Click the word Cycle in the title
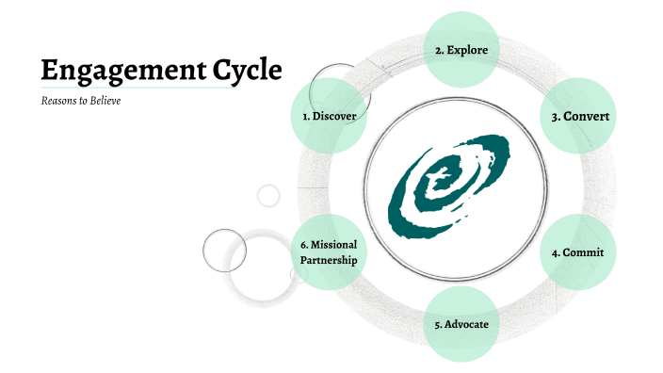coord(248,71)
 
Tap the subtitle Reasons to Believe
coord(81,101)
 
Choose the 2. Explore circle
coord(461,49)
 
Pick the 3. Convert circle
coord(580,116)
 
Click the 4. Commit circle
coord(577,252)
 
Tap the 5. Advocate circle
coord(461,325)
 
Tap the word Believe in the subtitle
coord(105,101)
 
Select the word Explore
coord(468,49)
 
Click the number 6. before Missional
coord(304,245)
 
